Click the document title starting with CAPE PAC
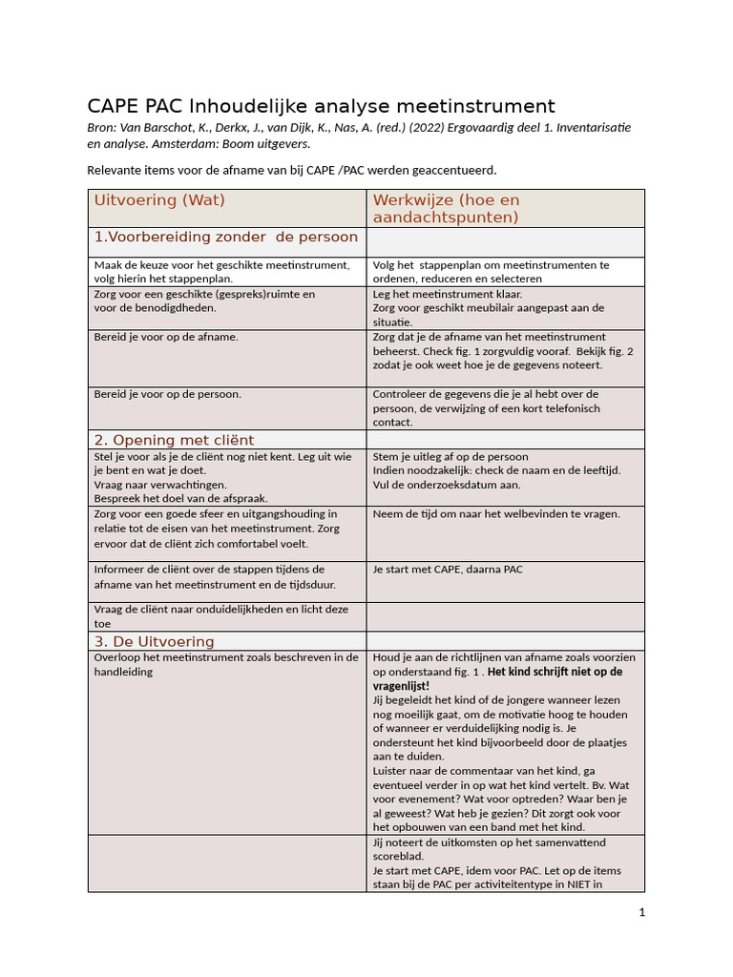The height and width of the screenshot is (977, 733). coord(321,106)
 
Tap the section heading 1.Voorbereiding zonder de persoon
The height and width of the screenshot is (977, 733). coord(225,237)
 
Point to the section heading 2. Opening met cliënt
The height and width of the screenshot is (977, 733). coord(174,440)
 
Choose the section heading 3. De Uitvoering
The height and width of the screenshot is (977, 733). coord(154,641)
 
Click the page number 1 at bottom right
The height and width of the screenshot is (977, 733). coord(642,912)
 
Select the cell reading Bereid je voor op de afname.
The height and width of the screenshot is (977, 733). coord(166,337)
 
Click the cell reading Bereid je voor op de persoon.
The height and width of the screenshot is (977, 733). coord(167,394)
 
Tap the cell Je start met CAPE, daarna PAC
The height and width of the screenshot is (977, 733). coord(448,570)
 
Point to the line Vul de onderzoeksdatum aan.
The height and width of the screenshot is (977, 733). coord(447,485)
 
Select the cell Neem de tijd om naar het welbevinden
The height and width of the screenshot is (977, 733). coord(496,513)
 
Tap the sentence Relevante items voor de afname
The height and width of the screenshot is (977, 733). coord(292,170)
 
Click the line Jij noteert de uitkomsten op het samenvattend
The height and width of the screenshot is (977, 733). coord(489,842)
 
